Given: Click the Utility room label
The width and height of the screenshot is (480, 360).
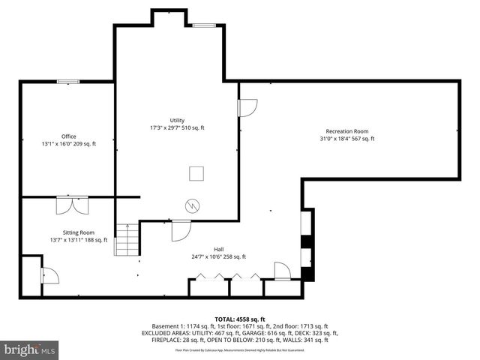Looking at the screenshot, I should [177, 120].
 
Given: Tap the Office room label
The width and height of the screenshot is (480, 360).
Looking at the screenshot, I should [69, 136].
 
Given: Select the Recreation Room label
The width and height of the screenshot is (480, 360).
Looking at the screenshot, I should [346, 131].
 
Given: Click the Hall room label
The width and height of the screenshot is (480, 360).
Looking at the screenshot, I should [218, 249].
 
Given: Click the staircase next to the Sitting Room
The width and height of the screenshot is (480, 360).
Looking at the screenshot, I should [127, 240].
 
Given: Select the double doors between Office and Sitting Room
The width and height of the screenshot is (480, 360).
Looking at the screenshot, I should [72, 205].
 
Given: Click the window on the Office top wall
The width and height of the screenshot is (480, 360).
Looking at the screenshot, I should [69, 82].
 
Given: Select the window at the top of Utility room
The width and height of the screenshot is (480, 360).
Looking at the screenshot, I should [203, 25].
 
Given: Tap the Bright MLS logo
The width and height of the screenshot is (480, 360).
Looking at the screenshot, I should [30, 349].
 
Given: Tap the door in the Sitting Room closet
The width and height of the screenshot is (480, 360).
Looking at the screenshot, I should [49, 275].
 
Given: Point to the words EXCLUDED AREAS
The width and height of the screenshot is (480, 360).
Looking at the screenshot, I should [169, 333].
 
